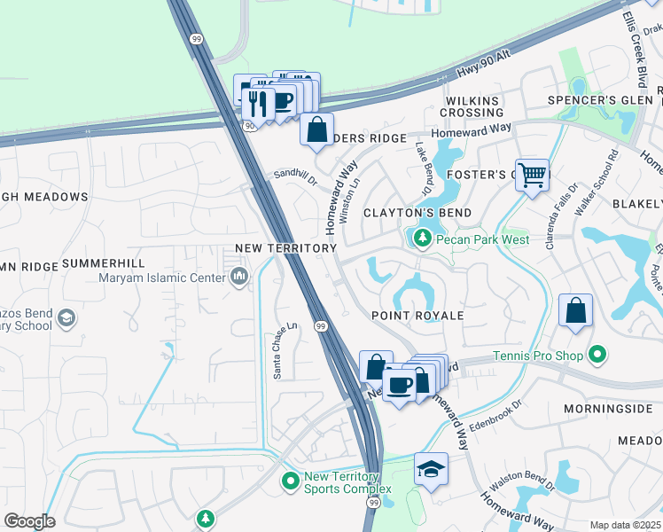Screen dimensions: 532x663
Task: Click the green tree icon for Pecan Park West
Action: (x=422, y=239)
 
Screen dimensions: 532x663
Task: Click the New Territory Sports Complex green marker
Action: (x=290, y=482)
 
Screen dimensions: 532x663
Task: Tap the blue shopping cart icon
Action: (x=532, y=175)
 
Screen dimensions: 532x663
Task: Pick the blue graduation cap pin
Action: (x=431, y=468)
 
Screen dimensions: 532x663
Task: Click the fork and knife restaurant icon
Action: (x=258, y=104)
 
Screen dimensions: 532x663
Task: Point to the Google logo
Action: (x=29, y=521)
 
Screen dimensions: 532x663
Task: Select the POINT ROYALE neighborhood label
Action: (x=417, y=316)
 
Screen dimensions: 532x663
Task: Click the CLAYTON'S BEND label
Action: (x=417, y=214)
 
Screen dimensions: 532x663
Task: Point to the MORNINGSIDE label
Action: (x=607, y=409)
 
